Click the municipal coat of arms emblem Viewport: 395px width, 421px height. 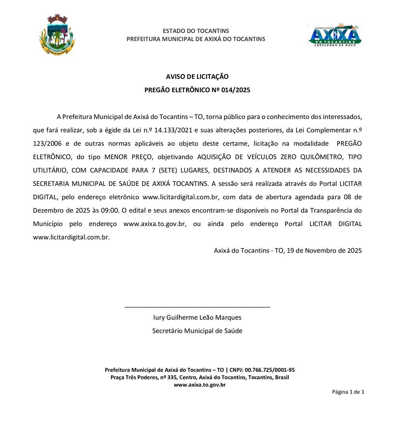coord(57,35)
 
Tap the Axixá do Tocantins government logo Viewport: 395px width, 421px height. coord(334,35)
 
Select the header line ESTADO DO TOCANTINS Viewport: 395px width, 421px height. coord(196,31)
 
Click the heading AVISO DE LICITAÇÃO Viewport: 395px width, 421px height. coord(197,77)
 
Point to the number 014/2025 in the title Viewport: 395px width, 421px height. coord(235,90)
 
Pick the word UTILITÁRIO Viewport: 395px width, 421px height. coord(50,170)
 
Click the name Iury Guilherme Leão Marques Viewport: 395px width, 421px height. coord(197,317)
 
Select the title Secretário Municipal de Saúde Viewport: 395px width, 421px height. coord(197,331)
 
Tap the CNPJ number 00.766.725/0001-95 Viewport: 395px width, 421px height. coord(270,370)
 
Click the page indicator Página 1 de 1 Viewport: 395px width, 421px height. coord(348,392)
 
